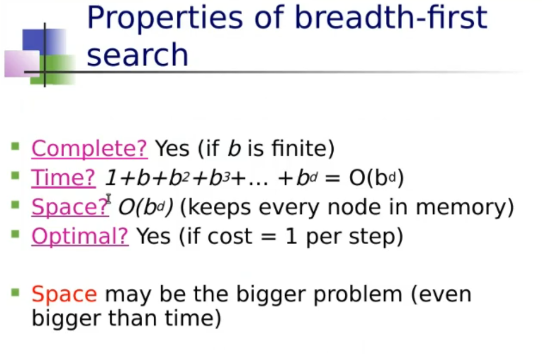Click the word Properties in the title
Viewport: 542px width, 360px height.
point(165,18)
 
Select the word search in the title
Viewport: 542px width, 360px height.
point(137,54)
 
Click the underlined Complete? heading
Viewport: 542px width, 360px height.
point(89,148)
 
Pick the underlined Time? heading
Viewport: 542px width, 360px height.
point(64,178)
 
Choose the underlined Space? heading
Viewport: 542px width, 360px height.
point(70,207)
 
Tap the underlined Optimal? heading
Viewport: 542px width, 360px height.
point(80,236)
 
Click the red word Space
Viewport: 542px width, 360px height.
point(64,294)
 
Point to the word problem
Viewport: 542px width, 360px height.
point(358,294)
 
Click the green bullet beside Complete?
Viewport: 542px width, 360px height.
point(15,147)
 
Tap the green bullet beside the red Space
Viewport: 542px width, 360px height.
point(15,292)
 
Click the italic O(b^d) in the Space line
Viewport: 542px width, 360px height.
point(146,208)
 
